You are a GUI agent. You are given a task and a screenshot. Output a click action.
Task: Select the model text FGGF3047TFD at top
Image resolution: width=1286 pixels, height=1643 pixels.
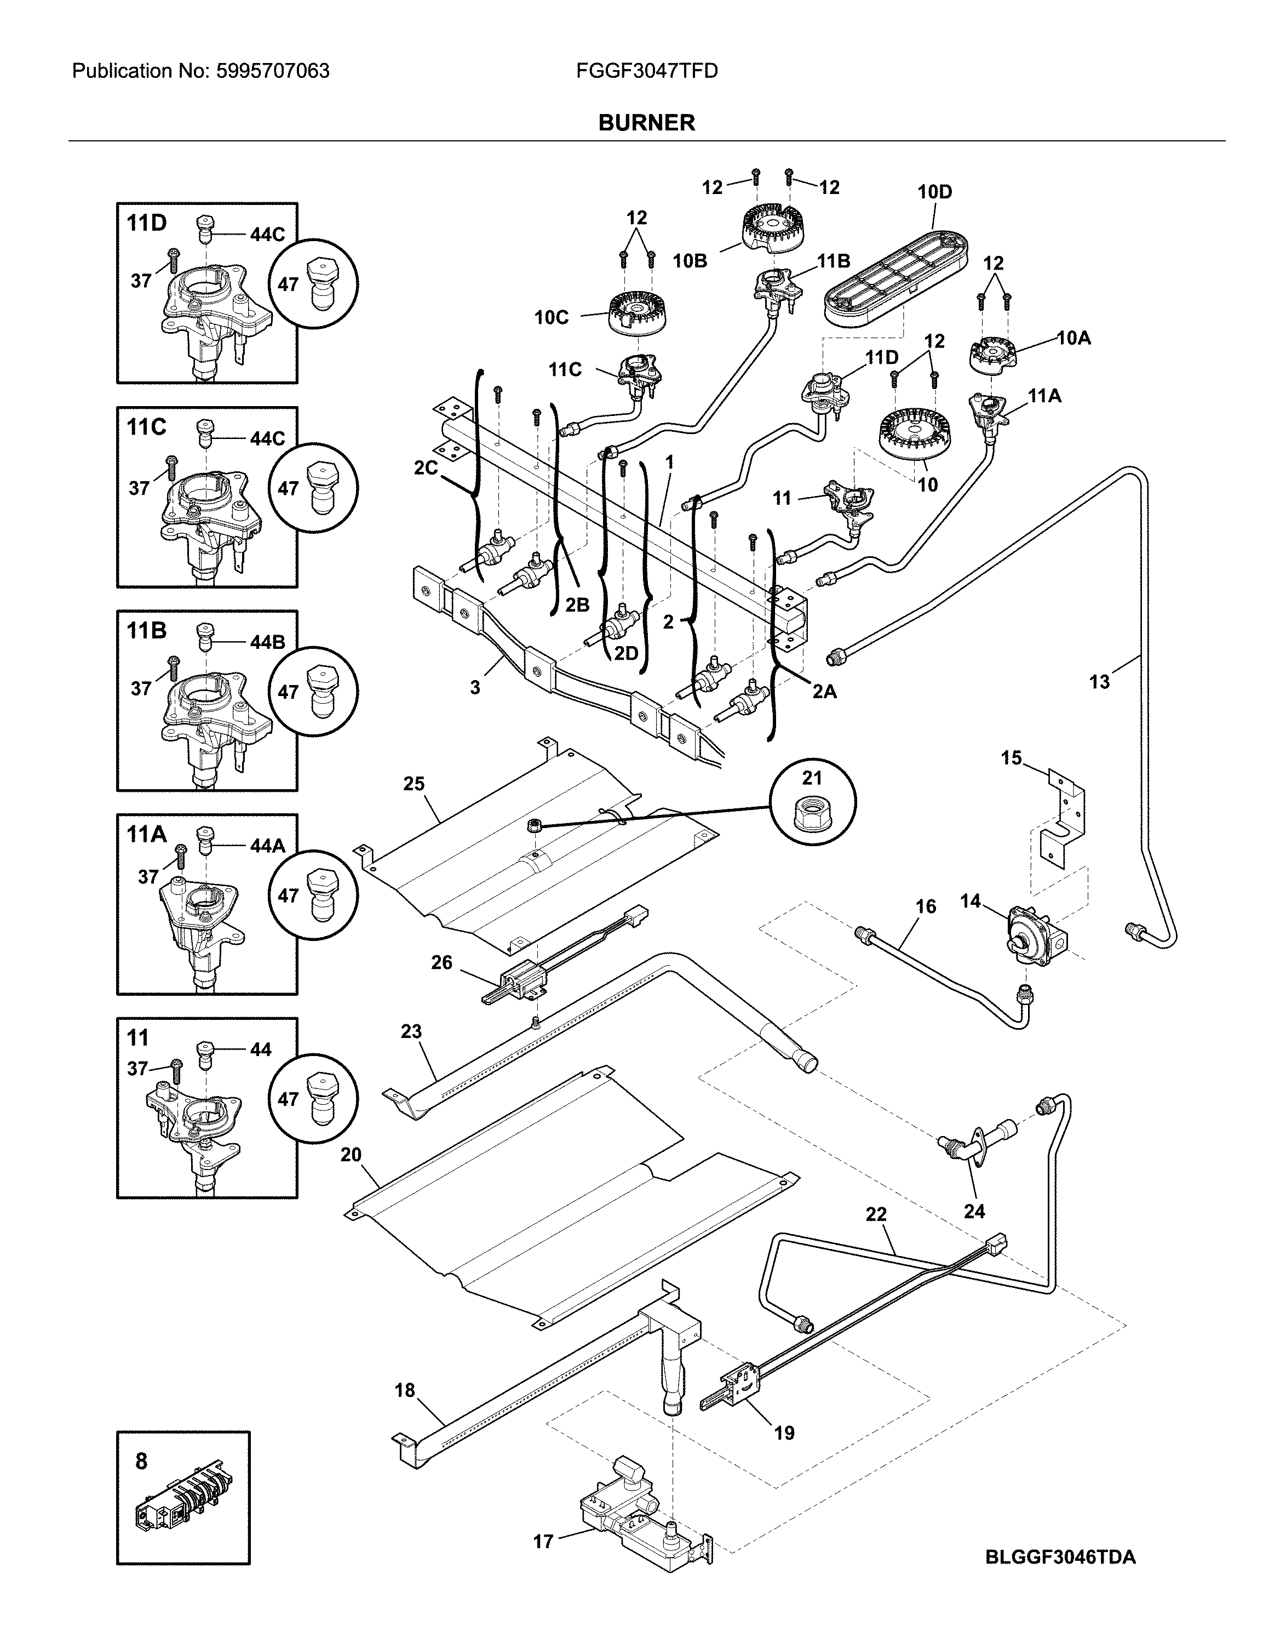pyautogui.click(x=647, y=72)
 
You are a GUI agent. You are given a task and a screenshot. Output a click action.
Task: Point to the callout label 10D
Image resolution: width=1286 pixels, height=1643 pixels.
pyautogui.click(x=934, y=192)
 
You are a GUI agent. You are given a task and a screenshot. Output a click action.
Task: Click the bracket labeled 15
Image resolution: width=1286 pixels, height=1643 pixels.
pyautogui.click(x=1063, y=821)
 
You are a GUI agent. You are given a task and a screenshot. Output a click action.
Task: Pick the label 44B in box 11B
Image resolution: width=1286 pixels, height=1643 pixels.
pyautogui.click(x=267, y=643)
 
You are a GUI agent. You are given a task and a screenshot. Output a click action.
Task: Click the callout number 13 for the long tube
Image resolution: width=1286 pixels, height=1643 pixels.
pyautogui.click(x=1099, y=682)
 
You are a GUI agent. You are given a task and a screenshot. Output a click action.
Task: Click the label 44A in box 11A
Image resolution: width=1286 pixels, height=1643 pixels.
pyautogui.click(x=267, y=846)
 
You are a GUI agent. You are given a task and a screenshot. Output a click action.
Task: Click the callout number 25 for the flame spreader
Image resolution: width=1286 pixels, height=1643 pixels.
pyautogui.click(x=414, y=784)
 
